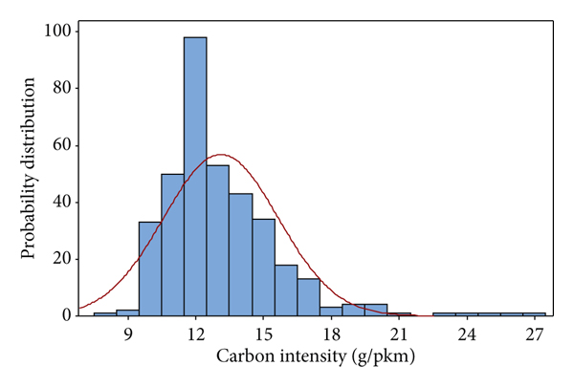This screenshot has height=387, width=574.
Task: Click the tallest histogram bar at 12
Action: point(195,177)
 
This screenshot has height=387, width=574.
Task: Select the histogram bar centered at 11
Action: point(172,245)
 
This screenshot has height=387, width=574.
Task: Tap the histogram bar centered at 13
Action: point(218,240)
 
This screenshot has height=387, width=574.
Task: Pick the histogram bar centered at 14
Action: point(240,254)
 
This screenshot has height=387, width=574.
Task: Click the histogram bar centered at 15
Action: point(263,267)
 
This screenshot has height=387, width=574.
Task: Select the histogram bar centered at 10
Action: point(150,269)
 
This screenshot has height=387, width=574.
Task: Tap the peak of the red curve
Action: point(220,155)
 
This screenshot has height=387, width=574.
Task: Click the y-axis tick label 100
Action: point(56,32)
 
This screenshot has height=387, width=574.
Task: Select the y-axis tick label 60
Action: point(60,145)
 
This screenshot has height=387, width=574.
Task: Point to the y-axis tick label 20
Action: point(60,258)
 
